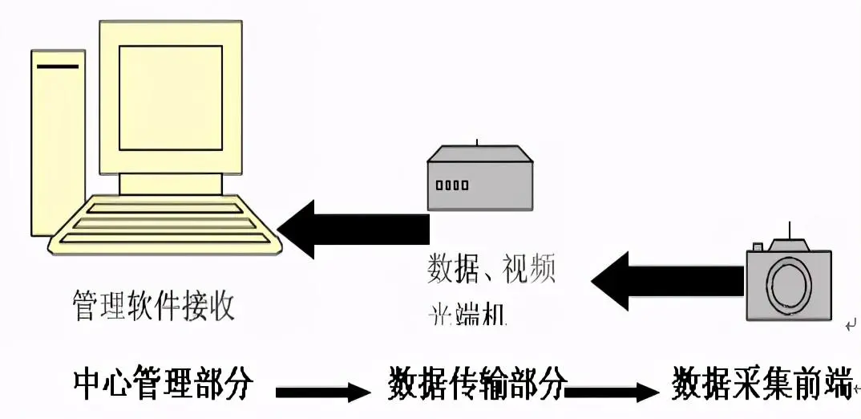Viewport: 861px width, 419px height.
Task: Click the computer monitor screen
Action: pos(170,97)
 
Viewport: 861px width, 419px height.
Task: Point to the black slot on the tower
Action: pos(58,66)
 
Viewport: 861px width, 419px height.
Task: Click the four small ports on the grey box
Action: pos(452,185)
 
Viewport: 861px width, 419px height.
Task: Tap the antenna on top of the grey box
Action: pos(477,143)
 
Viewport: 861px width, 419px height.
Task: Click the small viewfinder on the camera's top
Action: pos(757,247)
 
